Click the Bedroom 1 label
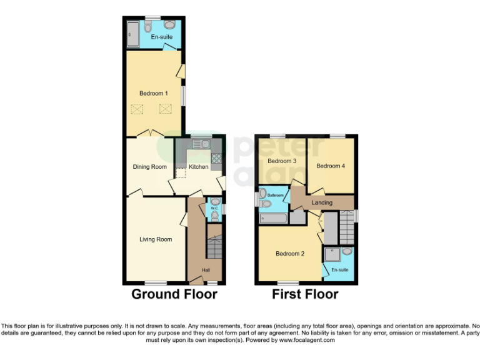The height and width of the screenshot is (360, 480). point(153,93)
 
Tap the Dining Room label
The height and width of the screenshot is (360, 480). point(149,167)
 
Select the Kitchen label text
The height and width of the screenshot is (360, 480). point(199,167)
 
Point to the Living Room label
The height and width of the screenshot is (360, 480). point(156,239)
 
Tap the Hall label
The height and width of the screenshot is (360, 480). point(206,270)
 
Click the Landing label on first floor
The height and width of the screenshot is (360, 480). point(322,203)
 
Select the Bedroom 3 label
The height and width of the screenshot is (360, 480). point(282,161)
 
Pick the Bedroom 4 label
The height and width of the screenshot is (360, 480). point(330,166)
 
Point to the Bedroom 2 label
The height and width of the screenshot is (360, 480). point(290,254)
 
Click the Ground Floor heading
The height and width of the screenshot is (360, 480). point(174,294)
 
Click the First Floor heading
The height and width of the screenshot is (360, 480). point(305,294)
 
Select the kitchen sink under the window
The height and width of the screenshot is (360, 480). point(200,144)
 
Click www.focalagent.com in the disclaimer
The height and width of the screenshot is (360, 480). point(307,341)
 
